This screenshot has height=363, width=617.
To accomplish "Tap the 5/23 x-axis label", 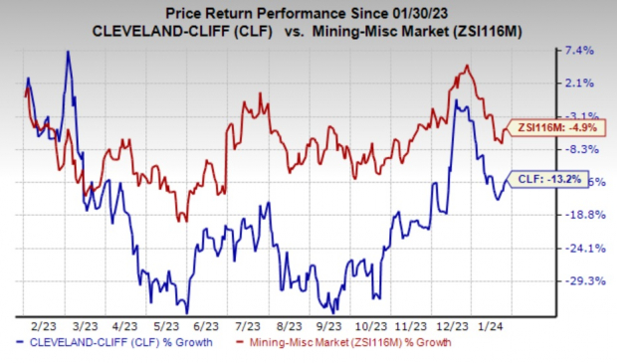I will point(163,324).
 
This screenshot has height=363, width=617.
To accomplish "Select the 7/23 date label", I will point(245,324).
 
